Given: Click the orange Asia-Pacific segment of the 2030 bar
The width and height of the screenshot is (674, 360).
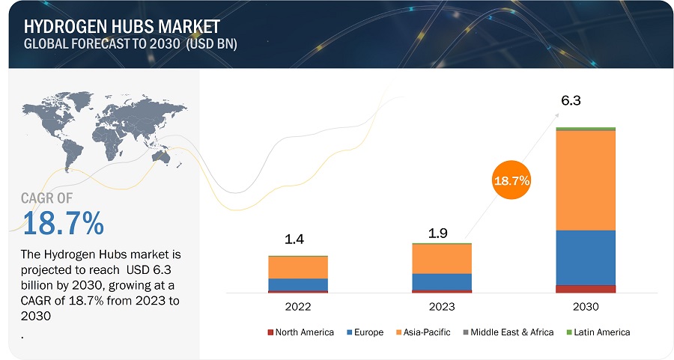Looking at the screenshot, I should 586,180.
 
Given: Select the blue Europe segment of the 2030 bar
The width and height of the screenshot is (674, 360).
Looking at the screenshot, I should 586,257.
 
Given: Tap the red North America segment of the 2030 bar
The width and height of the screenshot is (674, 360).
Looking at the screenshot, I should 586,289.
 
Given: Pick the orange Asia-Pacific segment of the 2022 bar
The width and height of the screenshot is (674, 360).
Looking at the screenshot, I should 298,267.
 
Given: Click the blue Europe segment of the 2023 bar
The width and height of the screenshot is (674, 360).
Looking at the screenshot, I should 442,281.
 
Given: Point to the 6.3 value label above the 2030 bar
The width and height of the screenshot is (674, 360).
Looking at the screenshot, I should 572,100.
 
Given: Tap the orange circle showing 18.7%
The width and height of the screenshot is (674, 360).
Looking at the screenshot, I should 512,180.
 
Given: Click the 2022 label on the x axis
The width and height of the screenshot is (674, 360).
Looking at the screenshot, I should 298,306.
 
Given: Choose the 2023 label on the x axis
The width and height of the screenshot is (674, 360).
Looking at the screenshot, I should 442,306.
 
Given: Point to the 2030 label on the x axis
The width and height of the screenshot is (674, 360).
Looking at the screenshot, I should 586,306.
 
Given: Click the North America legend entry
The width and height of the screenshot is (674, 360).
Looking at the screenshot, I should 300,332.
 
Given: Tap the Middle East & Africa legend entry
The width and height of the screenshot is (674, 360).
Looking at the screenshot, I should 509,332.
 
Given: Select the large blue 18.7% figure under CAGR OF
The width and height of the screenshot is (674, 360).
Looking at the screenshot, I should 63,224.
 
